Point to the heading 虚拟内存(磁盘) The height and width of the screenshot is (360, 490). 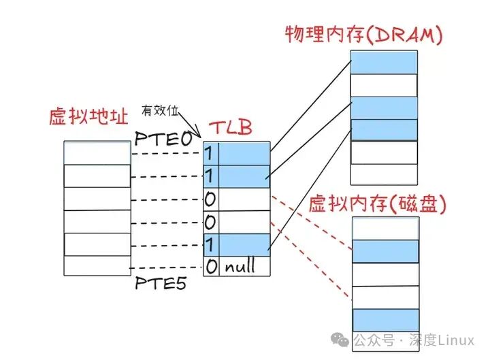coord(378,203)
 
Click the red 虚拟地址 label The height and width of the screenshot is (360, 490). coord(88,116)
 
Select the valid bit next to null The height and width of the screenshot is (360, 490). coord(211,266)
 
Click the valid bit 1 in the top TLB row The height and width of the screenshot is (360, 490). coord(210,153)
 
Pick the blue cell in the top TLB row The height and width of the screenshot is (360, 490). coord(244,153)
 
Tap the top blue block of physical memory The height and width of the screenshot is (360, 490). coord(384,63)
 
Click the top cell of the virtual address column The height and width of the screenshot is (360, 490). coord(97,153)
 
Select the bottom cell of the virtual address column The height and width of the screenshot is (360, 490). coord(97,265)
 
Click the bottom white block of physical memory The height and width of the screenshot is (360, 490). coord(384,174)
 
